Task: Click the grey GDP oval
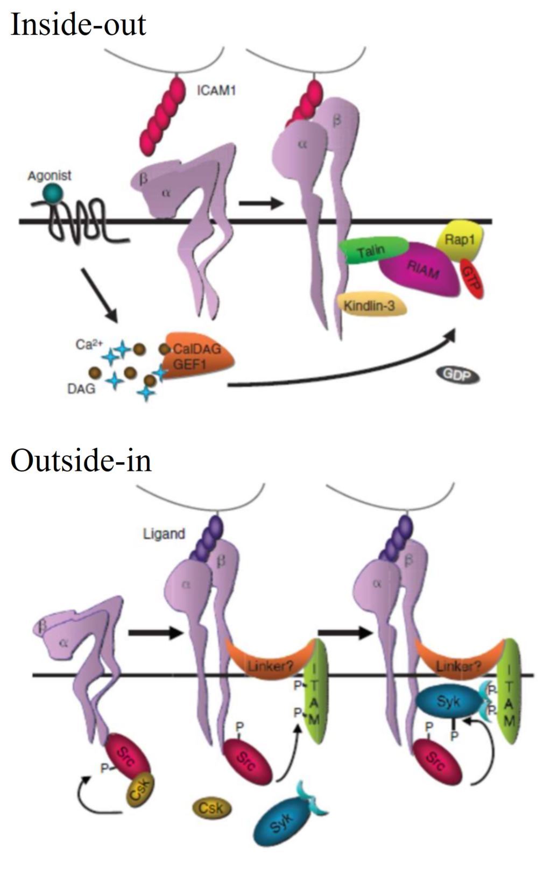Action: click(x=457, y=375)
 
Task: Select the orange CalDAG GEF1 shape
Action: click(x=199, y=356)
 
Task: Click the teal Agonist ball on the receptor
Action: click(x=53, y=193)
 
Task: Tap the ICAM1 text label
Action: click(x=216, y=90)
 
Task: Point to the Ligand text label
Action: click(x=164, y=534)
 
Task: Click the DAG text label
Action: click(x=81, y=388)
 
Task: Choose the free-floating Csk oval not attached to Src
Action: click(x=211, y=808)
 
